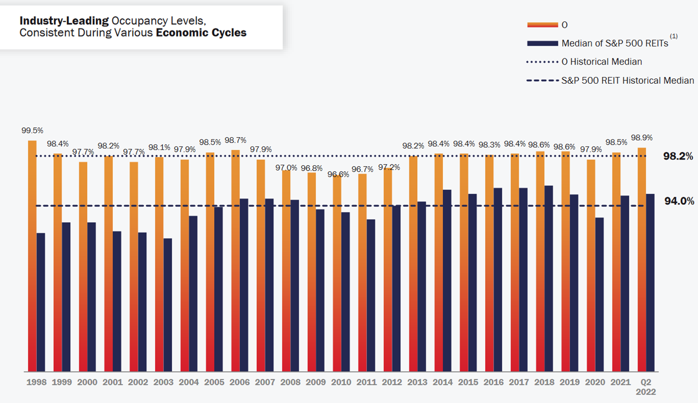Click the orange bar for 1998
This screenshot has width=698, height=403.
(x=32, y=256)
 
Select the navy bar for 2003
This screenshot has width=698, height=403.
(x=167, y=305)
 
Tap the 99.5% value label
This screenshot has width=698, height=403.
(x=32, y=130)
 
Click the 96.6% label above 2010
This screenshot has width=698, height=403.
(x=338, y=175)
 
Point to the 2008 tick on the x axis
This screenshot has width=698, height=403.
(x=290, y=382)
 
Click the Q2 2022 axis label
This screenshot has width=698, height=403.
(x=645, y=387)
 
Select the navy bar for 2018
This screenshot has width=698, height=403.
(x=548, y=278)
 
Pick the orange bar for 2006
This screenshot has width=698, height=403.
(x=235, y=261)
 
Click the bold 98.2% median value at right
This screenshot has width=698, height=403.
(x=678, y=156)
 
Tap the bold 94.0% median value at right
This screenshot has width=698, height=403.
(x=679, y=201)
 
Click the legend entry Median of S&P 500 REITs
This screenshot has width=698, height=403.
(x=614, y=43)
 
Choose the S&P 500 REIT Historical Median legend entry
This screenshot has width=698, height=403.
(x=627, y=81)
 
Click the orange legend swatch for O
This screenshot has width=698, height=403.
(x=542, y=25)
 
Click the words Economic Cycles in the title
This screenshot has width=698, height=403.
(x=201, y=33)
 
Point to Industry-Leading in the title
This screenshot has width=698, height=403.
(x=64, y=21)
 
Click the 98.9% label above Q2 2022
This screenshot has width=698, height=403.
(x=641, y=138)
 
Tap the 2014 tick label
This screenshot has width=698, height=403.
(x=443, y=382)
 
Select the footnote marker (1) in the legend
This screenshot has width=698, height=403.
(x=674, y=37)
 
